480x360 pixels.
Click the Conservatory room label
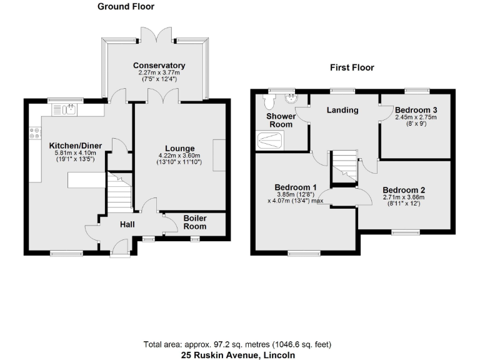pos(159,66)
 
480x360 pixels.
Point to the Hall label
pos(127,225)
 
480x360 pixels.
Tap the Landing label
pos(343,111)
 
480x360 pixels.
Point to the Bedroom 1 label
pos(296,187)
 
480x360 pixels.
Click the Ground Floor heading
pos(126,7)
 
